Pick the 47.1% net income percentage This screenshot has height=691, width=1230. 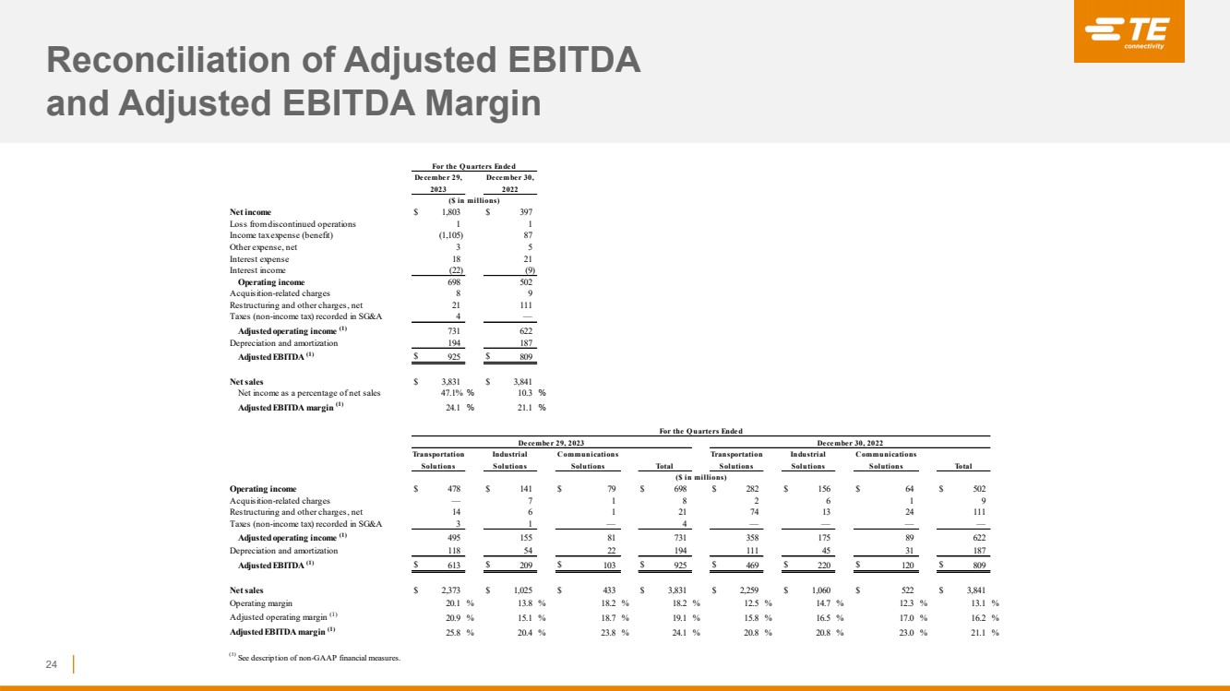[452, 392]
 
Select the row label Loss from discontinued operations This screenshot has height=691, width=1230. [292, 224]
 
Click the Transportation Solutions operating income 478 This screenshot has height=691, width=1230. [451, 490]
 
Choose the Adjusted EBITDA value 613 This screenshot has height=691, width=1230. [451, 565]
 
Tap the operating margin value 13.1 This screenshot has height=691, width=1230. [977, 602]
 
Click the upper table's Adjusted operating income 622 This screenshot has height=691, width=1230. [523, 330]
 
